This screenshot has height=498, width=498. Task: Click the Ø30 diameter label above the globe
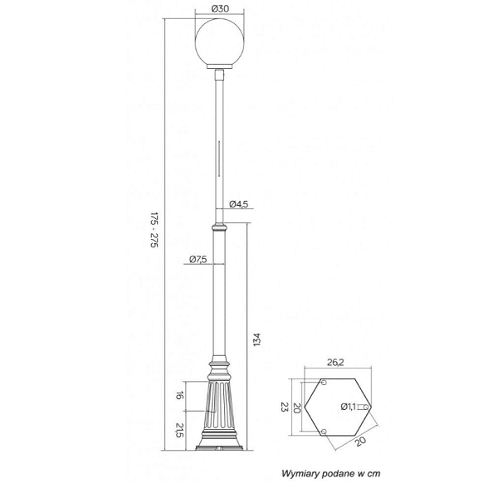(x=219, y=8)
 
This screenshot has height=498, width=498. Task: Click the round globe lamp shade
(x=219, y=42)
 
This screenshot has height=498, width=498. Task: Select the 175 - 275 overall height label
(x=154, y=230)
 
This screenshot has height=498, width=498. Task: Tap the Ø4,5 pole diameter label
(x=239, y=204)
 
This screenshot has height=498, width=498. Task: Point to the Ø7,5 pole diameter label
(x=198, y=259)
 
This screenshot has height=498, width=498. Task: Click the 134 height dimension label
(x=257, y=339)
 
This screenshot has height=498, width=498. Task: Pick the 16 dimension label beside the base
(x=180, y=395)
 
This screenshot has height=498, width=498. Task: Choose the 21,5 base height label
(x=180, y=430)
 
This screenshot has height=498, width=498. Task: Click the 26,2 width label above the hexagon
(x=335, y=362)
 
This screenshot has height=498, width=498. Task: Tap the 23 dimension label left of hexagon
(x=284, y=407)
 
